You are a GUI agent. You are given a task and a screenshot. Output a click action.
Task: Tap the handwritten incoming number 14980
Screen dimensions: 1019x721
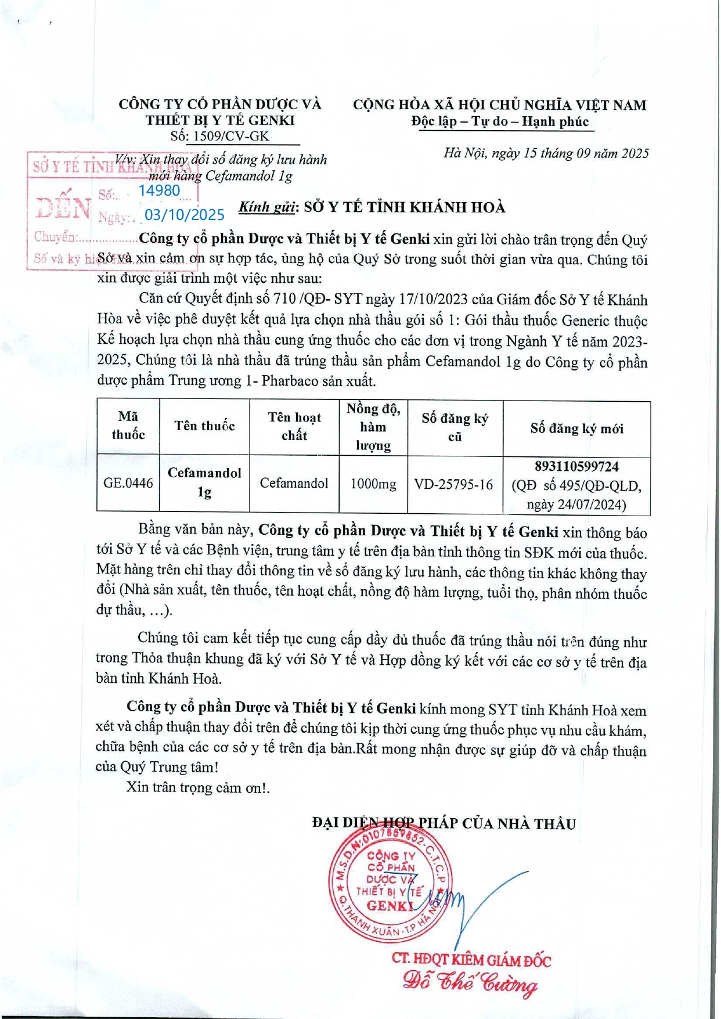tap(159, 190)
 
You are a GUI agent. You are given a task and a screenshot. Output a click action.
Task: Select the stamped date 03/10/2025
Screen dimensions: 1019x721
tap(184, 215)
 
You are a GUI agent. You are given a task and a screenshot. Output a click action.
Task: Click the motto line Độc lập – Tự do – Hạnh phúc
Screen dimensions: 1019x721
tap(500, 121)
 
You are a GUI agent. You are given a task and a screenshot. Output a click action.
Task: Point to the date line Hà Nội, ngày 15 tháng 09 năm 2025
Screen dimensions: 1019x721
tap(546, 153)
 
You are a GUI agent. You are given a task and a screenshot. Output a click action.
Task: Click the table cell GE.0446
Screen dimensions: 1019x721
tap(128, 483)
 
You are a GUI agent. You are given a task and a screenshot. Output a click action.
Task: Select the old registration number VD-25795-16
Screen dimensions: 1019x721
tap(453, 484)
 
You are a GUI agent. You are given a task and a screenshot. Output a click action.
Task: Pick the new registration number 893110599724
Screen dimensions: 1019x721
tap(576, 467)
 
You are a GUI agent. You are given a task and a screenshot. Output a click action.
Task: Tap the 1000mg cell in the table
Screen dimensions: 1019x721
tap(373, 484)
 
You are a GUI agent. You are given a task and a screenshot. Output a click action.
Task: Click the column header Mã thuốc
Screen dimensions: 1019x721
tap(128, 426)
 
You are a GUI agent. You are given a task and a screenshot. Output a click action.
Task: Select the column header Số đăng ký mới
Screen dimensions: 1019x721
tap(576, 429)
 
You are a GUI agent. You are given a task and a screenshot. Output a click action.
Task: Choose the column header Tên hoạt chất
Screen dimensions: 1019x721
tap(294, 426)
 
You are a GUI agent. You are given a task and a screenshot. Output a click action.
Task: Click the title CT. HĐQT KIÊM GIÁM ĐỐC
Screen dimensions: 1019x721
tap(471, 960)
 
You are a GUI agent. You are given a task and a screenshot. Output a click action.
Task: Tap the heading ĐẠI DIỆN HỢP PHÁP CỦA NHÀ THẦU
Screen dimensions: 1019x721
tap(444, 823)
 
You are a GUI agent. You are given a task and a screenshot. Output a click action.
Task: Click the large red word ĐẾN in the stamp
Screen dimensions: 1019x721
tap(63, 207)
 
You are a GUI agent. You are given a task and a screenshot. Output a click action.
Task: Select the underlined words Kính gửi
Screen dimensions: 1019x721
tap(267, 207)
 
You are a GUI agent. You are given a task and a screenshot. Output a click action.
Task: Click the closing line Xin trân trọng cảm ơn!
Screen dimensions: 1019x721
tap(198, 787)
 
